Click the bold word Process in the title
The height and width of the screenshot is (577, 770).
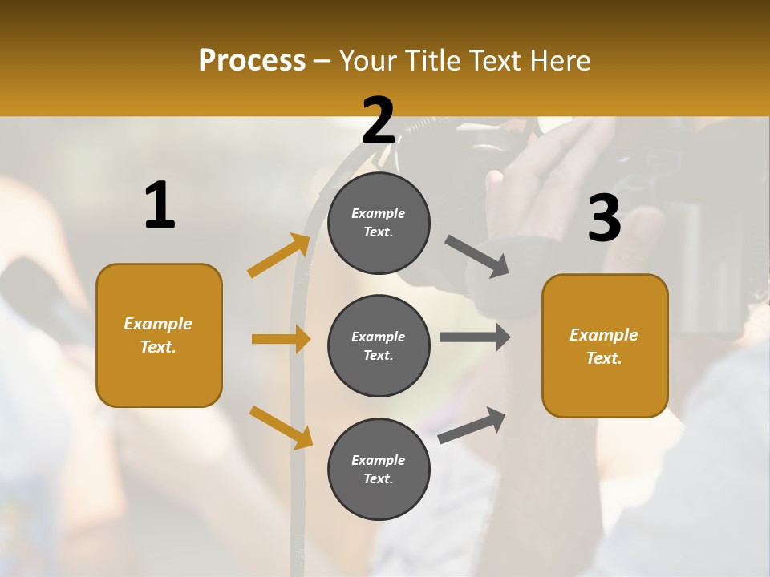(x=252, y=61)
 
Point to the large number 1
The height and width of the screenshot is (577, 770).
(x=160, y=207)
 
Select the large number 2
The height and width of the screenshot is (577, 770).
(x=379, y=122)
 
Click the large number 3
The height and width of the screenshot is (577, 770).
(x=604, y=219)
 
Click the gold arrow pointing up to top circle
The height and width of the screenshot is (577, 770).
(x=279, y=256)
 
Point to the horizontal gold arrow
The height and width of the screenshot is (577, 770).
(x=281, y=339)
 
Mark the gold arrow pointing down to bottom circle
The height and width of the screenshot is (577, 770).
(x=281, y=426)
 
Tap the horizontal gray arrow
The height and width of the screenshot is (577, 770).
(x=475, y=337)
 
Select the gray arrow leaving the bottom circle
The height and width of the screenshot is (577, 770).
(x=472, y=425)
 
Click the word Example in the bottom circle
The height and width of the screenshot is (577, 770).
(x=379, y=460)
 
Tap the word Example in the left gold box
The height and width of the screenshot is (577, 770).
(x=158, y=324)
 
